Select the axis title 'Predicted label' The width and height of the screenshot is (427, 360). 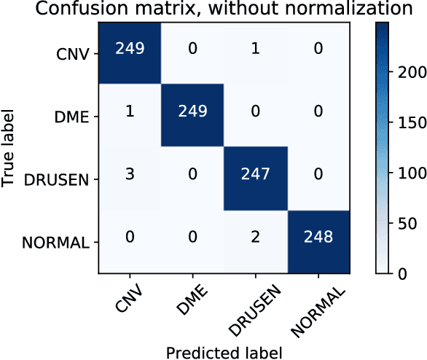tap(224, 352)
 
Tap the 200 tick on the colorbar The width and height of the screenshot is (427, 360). tap(405, 73)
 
